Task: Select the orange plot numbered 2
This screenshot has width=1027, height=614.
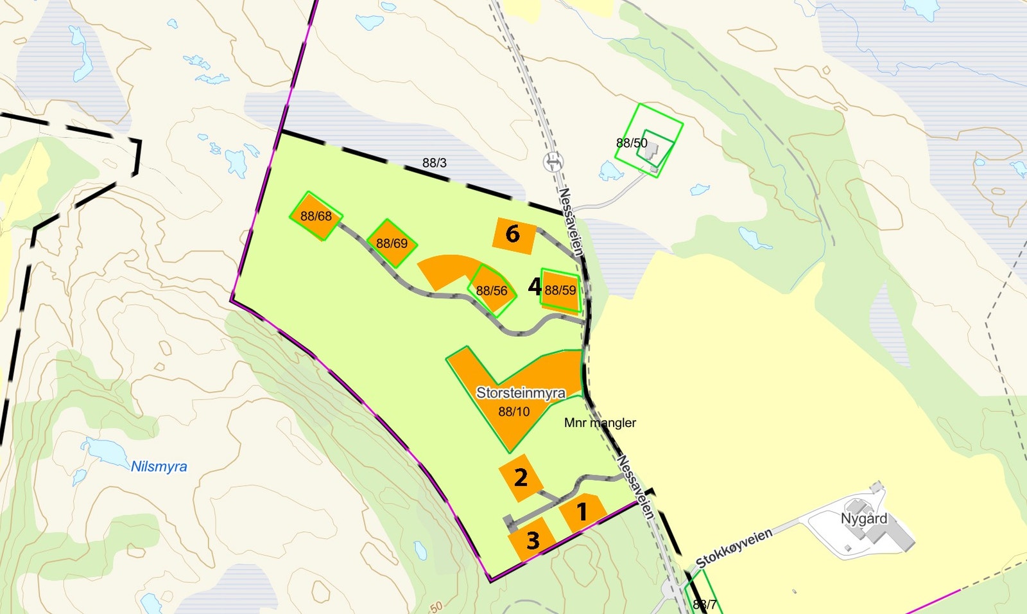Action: click(521, 477)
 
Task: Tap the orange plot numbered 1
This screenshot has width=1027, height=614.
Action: click(582, 513)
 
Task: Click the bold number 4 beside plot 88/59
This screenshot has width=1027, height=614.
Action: click(534, 286)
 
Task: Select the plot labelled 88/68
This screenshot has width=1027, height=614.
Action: click(316, 216)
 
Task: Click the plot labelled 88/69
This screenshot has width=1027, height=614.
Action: click(392, 243)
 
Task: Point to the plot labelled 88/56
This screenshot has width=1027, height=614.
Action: click(492, 291)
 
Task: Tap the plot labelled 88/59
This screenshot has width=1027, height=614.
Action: click(560, 290)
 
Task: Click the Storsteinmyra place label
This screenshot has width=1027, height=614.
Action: click(521, 392)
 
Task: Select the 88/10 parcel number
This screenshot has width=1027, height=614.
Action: click(514, 412)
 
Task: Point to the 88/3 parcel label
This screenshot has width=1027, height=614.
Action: click(435, 163)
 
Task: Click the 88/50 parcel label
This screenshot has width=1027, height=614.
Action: click(632, 143)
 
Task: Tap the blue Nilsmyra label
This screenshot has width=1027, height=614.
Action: click(159, 466)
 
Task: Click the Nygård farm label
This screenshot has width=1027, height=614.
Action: click(864, 518)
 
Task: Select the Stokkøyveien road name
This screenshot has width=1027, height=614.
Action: click(734, 548)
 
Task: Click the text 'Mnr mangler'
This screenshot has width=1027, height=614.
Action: click(600, 423)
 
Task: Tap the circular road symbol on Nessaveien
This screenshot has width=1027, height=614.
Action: click(553, 161)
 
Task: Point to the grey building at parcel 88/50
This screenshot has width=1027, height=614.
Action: click(653, 152)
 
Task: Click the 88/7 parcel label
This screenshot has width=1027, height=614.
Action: click(705, 604)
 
